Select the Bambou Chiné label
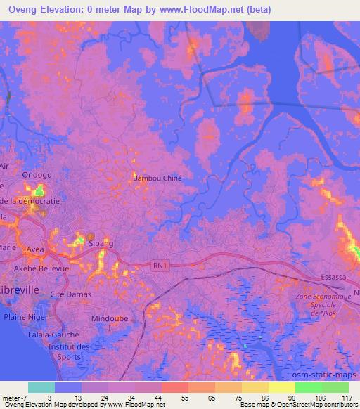point(157,178)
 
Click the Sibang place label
point(101,243)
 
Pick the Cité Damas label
point(71,295)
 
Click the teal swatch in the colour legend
point(41,387)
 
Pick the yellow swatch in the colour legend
point(282,387)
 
